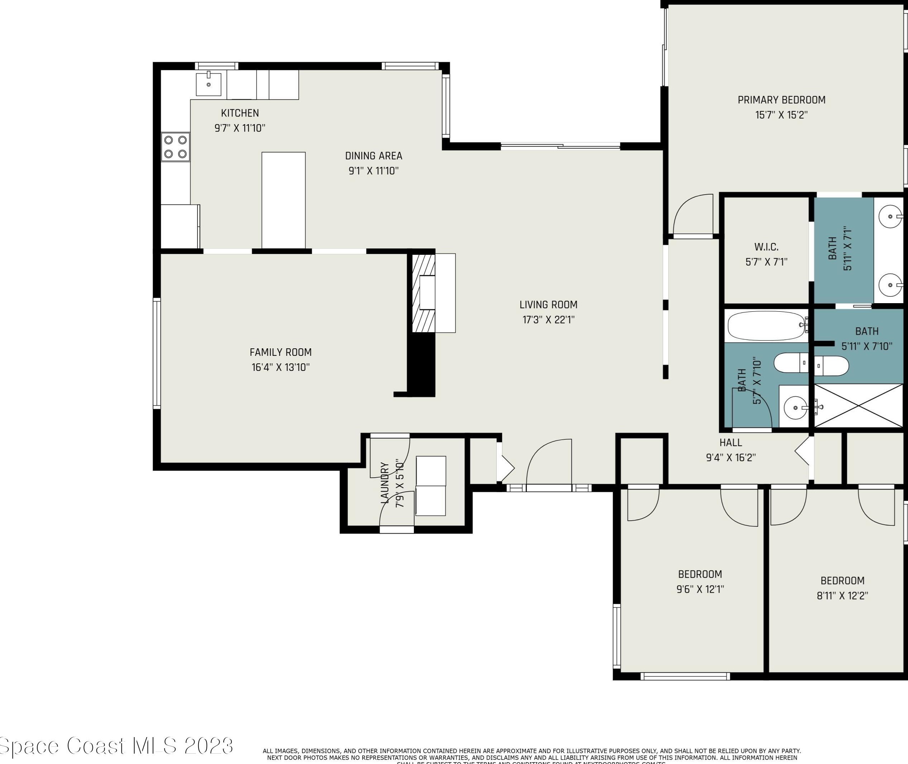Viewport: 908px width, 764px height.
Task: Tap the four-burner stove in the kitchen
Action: click(175, 147)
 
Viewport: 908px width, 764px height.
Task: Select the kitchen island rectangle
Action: click(283, 200)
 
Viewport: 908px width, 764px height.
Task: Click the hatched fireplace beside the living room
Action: click(423, 293)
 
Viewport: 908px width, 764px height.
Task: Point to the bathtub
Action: click(765, 326)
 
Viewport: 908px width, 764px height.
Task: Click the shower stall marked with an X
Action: click(858, 405)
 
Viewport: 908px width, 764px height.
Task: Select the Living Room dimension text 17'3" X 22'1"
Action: click(548, 320)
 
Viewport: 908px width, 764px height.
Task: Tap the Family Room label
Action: click(281, 352)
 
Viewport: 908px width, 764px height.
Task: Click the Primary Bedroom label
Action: click(781, 100)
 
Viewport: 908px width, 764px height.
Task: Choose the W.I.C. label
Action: click(766, 247)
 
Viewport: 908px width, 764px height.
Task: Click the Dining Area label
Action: click(373, 156)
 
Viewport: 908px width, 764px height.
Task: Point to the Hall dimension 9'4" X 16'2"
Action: click(731, 457)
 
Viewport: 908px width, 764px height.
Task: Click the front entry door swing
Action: click(549, 463)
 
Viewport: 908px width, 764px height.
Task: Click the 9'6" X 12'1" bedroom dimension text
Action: click(700, 589)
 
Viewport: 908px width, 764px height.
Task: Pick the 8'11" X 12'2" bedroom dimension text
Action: click(842, 596)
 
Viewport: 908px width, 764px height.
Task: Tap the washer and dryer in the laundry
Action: click(430, 486)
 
